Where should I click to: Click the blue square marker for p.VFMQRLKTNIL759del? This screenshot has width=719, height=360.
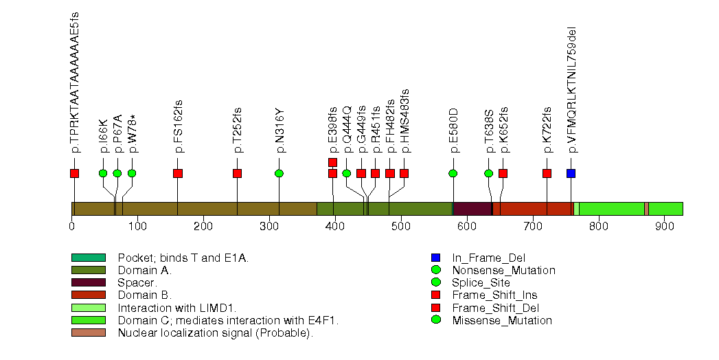pyautogui.click(x=571, y=173)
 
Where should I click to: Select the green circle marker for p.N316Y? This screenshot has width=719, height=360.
pyautogui.click(x=279, y=173)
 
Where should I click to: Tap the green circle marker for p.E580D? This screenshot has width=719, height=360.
pyautogui.click(x=453, y=173)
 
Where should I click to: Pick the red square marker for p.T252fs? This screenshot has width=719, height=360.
pyautogui.click(x=238, y=173)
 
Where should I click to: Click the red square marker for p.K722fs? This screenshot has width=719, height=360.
pyautogui.click(x=547, y=173)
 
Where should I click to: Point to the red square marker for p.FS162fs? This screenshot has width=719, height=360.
pyautogui.click(x=178, y=173)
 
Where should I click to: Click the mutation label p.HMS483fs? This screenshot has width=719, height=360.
pyautogui.click(x=404, y=120)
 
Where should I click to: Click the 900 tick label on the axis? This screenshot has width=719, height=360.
pyautogui.click(x=664, y=226)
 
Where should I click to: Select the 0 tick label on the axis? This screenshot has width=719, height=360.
pyautogui.click(x=72, y=226)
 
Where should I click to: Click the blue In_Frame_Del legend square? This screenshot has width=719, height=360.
pyautogui.click(x=435, y=258)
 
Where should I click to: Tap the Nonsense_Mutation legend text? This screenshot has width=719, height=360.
pyautogui.click(x=503, y=270)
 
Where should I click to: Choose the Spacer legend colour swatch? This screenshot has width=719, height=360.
pyautogui.click(x=88, y=282)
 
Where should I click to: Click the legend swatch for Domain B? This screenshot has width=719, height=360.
pyautogui.click(x=88, y=295)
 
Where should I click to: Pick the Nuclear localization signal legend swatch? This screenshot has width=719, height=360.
pyautogui.click(x=88, y=333)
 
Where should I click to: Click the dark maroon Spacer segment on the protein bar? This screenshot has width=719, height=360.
pyautogui.click(x=472, y=209)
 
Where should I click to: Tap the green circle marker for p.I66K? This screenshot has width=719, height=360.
pyautogui.click(x=103, y=173)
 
